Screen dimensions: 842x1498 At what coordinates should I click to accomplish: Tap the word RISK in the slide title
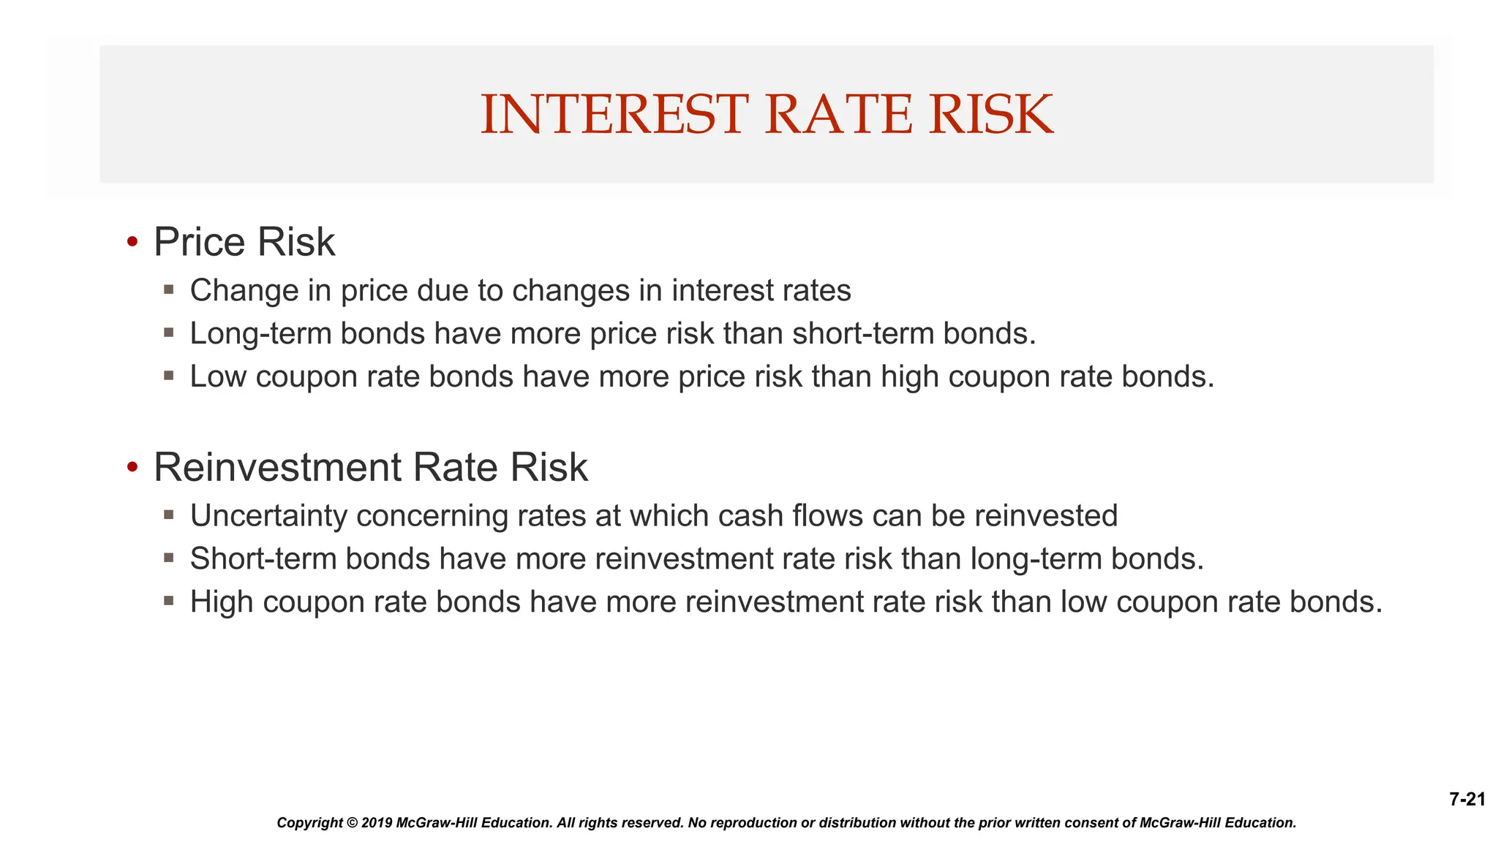pos(991,115)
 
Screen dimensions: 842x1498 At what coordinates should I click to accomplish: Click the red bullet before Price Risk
pos(132,242)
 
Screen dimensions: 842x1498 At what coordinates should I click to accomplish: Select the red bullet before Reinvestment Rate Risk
pos(132,467)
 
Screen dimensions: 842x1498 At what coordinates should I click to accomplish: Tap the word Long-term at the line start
pos(260,334)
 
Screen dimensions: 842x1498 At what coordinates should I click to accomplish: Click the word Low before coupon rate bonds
pos(217,377)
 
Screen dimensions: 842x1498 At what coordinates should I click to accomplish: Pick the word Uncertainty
pos(268,516)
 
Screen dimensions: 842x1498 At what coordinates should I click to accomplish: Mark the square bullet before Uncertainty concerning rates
pos(169,515)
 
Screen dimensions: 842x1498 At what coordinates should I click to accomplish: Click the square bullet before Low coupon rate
pos(169,376)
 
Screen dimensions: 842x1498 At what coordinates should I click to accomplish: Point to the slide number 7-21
pos(1467,800)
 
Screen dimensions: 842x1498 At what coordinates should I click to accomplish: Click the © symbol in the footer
pos(352,823)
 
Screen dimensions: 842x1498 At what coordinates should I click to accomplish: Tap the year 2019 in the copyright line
pos(377,823)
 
